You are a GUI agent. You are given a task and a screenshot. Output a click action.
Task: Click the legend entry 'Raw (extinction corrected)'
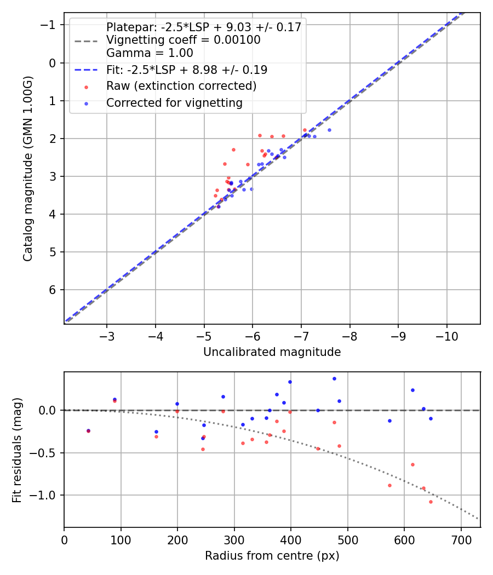click(181, 86)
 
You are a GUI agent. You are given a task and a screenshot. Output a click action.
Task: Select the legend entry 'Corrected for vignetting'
click(174, 102)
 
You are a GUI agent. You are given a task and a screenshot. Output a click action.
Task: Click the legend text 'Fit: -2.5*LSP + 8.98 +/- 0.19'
click(186, 70)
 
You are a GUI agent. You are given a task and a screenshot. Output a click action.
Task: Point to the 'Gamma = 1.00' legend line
click(150, 53)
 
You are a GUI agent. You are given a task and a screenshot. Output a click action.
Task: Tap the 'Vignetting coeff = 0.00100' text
click(183, 40)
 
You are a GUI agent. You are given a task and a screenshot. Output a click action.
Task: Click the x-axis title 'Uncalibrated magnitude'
click(272, 352)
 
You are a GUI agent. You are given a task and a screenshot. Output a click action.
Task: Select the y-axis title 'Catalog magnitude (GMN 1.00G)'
click(28, 168)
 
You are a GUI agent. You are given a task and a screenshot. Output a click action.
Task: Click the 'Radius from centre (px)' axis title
click(272, 556)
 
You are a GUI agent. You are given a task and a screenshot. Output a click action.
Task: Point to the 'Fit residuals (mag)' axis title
click(17, 450)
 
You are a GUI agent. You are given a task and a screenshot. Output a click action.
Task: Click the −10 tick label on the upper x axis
click(446, 335)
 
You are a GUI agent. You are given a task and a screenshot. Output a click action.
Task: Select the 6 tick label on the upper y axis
click(53, 290)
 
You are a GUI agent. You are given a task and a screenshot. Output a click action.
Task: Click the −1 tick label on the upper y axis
click(50, 25)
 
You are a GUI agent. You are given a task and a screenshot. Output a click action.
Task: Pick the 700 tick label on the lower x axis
click(461, 539)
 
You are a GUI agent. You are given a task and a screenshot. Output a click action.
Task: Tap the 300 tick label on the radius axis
click(234, 539)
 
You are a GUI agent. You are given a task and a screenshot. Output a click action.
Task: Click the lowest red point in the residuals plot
click(431, 502)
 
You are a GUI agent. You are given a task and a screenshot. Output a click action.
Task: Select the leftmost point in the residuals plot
click(88, 431)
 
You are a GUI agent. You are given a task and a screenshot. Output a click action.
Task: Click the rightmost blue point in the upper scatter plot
click(329, 130)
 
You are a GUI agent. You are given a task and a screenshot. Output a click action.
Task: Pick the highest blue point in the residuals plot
click(334, 378)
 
